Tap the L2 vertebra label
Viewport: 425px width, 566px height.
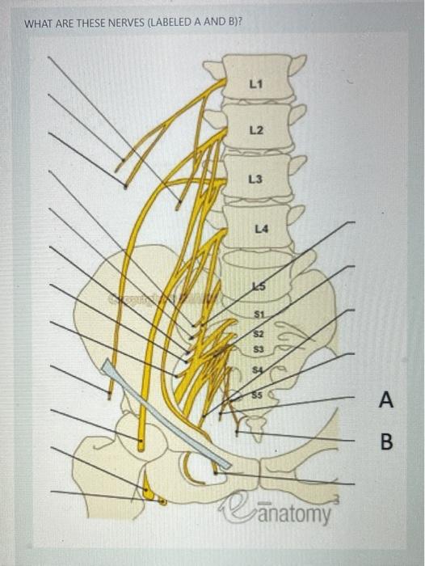[256, 129]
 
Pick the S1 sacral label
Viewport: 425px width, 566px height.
[259, 315]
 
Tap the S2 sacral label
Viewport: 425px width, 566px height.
[259, 333]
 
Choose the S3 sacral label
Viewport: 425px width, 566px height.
[259, 349]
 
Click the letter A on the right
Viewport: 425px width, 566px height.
[387, 399]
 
